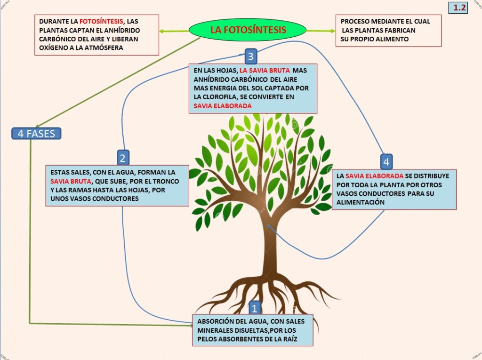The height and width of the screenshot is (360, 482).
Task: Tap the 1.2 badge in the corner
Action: [x=458, y=8]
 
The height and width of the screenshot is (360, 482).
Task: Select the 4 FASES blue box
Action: [x=36, y=134]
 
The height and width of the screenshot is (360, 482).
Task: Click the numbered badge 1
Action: [x=255, y=309]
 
